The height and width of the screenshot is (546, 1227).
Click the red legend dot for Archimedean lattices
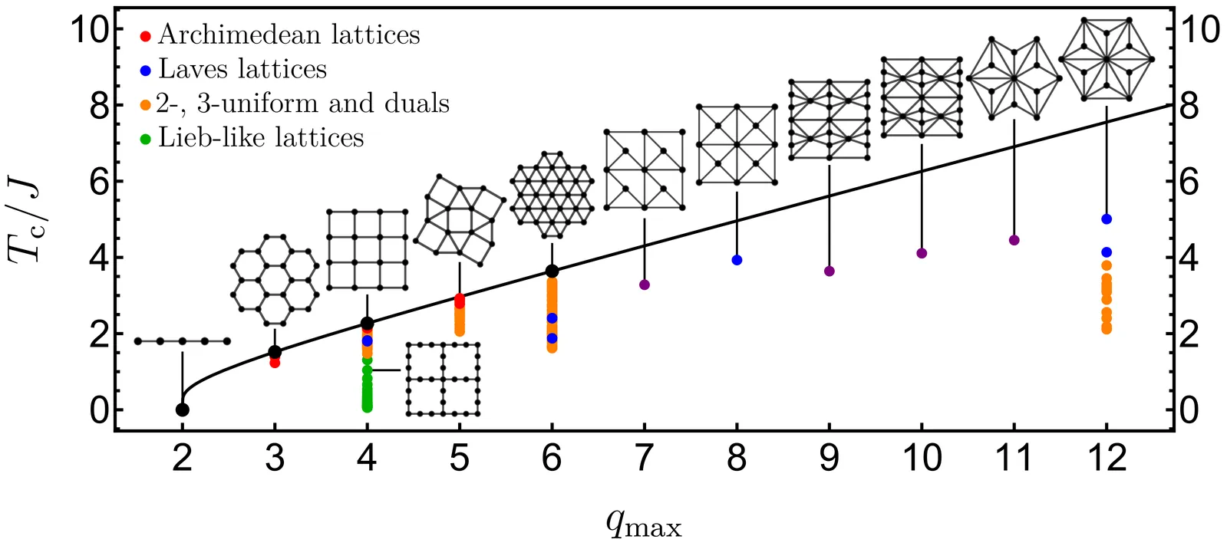pos(146,36)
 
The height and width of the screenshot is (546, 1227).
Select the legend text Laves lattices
pos(242,70)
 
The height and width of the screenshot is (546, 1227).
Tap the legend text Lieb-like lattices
pos(261,138)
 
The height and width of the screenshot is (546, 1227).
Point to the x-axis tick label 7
pos(644,459)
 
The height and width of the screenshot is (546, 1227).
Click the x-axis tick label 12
pos(1106,459)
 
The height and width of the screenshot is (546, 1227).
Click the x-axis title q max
pos(643,524)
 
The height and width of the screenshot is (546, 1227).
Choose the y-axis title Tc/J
pos(25,219)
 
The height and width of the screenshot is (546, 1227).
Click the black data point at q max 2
pos(182,409)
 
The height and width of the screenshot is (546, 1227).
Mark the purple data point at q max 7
pos(644,285)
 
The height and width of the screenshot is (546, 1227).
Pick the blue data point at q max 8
pos(737,260)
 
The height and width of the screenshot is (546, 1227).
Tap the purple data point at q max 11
pos(1014,240)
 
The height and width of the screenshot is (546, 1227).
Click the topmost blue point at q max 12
pos(1106,219)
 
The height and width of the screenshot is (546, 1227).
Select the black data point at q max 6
pos(552,271)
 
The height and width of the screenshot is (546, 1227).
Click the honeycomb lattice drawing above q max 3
pos(274,280)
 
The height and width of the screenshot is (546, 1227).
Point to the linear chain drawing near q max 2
pos(182,341)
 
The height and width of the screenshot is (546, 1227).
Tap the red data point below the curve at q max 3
pos(275,363)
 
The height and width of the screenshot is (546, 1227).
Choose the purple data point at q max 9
pos(829,271)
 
